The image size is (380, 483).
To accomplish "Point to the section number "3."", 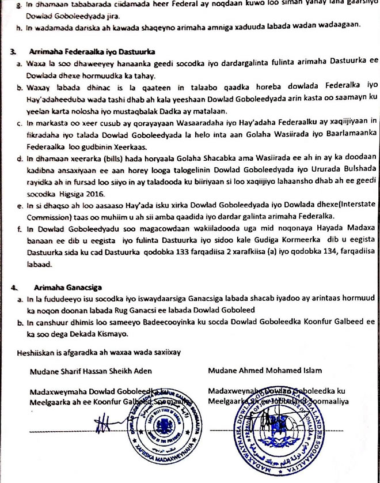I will point(12,52).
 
